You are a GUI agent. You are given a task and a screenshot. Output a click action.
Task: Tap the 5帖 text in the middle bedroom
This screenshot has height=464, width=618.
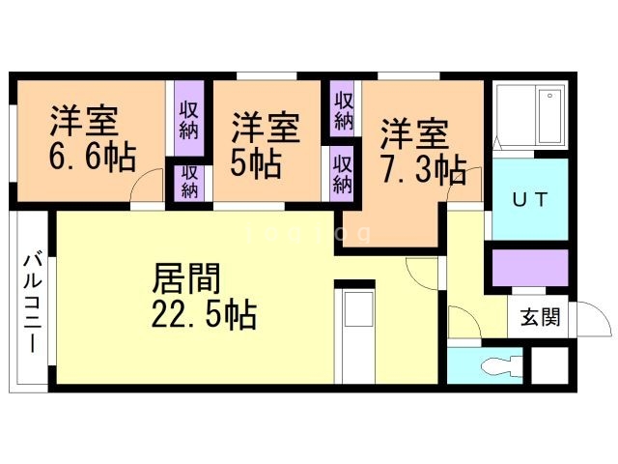tap(255, 160)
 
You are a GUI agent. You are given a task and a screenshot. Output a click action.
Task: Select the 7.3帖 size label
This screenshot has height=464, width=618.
tap(423, 170)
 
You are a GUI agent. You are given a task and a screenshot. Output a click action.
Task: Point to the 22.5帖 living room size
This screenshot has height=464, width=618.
tap(204, 314)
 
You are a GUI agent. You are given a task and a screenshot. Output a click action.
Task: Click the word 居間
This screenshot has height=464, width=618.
tap(186, 278)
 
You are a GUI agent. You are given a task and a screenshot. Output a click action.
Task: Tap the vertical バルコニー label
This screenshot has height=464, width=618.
tap(32, 302)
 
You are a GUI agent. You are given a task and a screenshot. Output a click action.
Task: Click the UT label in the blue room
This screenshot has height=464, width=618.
tap(529, 200)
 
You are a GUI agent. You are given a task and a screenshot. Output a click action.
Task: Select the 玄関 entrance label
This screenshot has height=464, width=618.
tap(539, 317)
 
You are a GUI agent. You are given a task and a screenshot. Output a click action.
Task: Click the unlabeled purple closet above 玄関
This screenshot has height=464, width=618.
tap(529, 267)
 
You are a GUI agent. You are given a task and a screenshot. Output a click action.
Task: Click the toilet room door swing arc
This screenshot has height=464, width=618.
tap(463, 322)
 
